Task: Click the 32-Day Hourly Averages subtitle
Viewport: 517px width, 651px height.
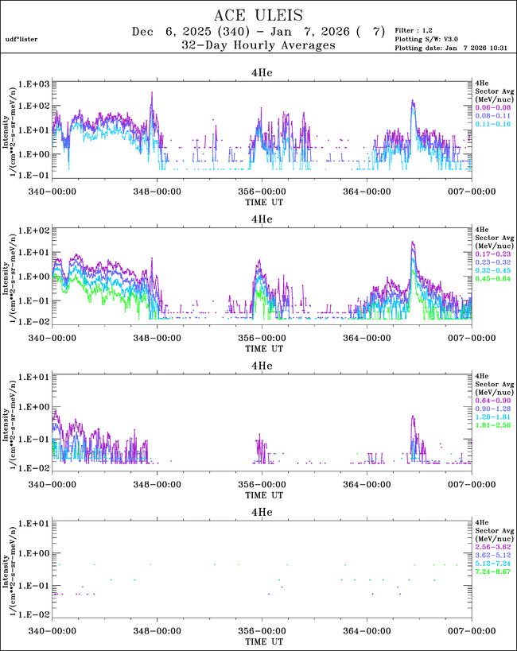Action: coord(258,46)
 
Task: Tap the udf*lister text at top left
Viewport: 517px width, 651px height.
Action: coord(21,38)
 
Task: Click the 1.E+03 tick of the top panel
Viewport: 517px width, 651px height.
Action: coord(36,83)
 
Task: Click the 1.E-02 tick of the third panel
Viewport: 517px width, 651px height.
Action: coord(36,468)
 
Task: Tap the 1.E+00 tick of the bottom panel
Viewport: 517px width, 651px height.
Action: coord(36,553)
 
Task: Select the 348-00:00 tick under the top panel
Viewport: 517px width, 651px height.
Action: coord(157,192)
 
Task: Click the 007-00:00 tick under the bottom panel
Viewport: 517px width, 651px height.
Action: coord(471,630)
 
